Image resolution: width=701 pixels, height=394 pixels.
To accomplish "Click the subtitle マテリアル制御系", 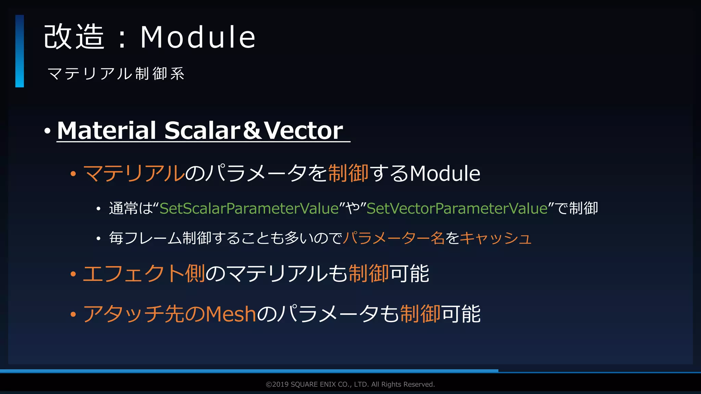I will coord(116,74).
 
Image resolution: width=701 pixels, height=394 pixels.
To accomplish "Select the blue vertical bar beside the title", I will coord(20,51).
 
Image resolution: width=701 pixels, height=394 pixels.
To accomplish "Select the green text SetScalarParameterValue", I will coord(249,208).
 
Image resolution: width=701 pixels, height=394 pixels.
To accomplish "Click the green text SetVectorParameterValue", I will coord(457,208).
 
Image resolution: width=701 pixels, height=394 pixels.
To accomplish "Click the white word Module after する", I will coord(445,173).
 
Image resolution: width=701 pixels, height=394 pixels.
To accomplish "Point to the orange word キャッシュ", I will coord(495,238).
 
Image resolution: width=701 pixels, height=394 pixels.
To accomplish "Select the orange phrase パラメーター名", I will coord(394,238).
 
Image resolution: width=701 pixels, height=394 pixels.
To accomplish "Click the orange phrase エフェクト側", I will coord(144,274).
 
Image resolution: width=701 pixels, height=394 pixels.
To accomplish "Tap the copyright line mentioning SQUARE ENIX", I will coord(350,384).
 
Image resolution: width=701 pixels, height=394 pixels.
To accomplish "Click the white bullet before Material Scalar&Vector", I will coord(47,131).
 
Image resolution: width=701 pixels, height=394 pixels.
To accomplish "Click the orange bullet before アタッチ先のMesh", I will coord(73,314).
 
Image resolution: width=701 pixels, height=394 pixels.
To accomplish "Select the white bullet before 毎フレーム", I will coord(98,238).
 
